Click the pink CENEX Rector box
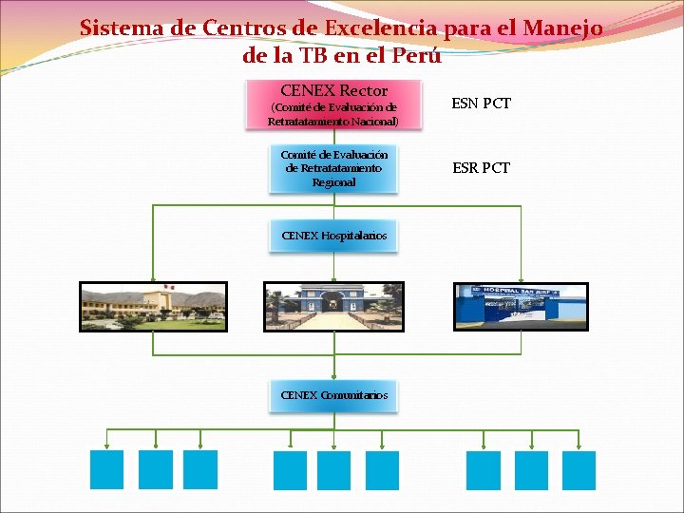coord(333,104)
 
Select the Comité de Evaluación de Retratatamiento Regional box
coord(333,168)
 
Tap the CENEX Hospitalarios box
coord(333,236)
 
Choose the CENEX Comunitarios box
coord(333,395)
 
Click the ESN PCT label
coord(482,103)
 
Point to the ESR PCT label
coord(482,167)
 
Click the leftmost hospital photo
coord(153,307)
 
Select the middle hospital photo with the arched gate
coord(333,307)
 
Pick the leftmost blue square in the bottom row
coord(106,469)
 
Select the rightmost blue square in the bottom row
coord(579,469)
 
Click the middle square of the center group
coord(334,469)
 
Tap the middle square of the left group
coord(156,469)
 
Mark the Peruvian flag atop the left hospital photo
coord(167,286)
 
